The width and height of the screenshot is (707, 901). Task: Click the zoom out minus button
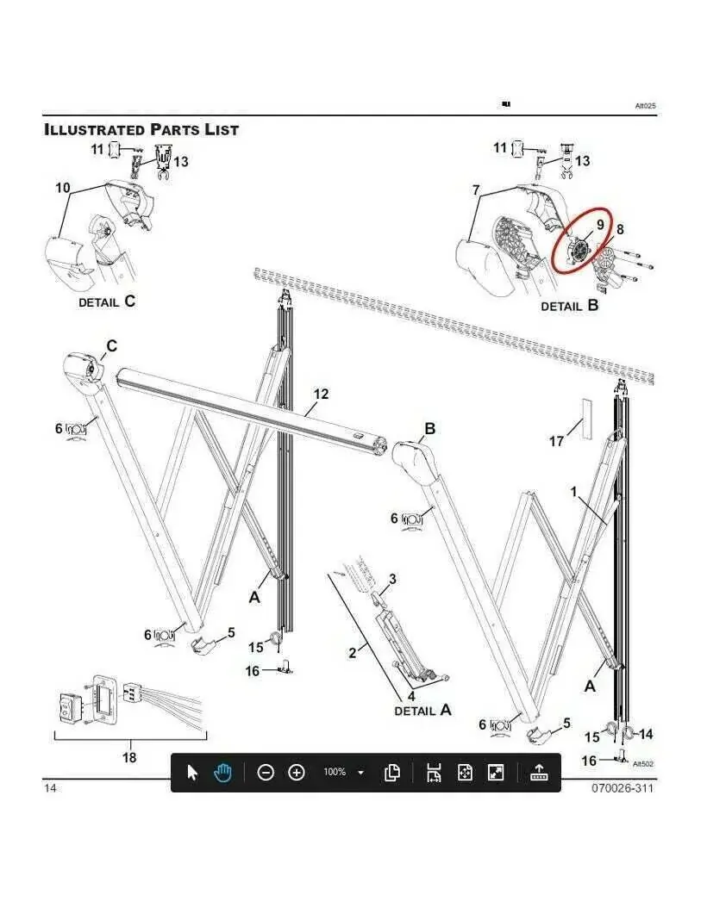pyautogui.click(x=266, y=773)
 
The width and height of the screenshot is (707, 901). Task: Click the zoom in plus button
pyautogui.click(x=297, y=773)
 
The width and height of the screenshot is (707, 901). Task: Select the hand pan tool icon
pyautogui.click(x=222, y=773)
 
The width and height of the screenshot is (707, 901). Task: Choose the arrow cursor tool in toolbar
pyautogui.click(x=193, y=773)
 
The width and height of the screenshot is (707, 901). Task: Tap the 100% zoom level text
pyautogui.click(x=335, y=772)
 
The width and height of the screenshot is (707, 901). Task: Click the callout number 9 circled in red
pyautogui.click(x=600, y=224)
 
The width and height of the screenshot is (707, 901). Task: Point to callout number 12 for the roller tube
pyautogui.click(x=321, y=394)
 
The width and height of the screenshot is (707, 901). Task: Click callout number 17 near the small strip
pyautogui.click(x=556, y=441)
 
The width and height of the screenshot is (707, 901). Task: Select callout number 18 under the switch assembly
pyautogui.click(x=129, y=757)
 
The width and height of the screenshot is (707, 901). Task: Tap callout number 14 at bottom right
pyautogui.click(x=646, y=734)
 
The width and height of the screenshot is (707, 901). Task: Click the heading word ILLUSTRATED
pyautogui.click(x=94, y=129)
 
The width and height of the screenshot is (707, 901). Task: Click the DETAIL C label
pyautogui.click(x=107, y=301)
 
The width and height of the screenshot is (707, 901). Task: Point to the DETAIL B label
pyautogui.click(x=570, y=306)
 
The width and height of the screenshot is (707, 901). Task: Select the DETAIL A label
pyautogui.click(x=422, y=711)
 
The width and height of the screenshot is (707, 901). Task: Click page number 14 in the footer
pyautogui.click(x=51, y=788)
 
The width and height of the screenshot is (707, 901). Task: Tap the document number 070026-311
pyautogui.click(x=623, y=788)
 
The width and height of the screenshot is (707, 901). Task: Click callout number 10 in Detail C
pyautogui.click(x=63, y=188)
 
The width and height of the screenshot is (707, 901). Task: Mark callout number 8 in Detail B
pyautogui.click(x=620, y=229)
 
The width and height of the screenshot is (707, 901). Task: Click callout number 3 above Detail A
pyautogui.click(x=392, y=578)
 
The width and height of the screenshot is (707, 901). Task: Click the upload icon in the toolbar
pyautogui.click(x=539, y=773)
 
